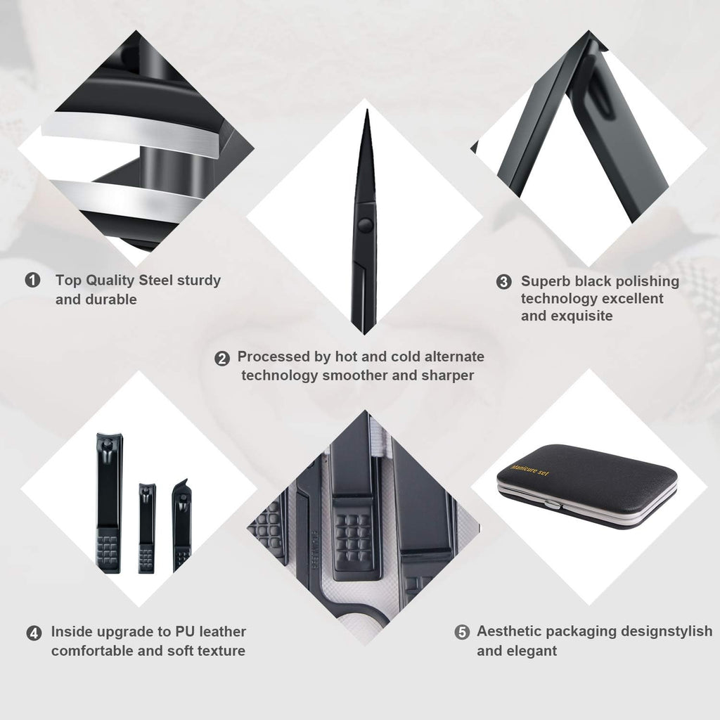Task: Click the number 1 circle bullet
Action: tap(32, 281)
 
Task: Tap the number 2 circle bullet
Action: tap(222, 358)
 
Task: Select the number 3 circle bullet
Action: tap(503, 282)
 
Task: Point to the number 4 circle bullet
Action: tap(33, 633)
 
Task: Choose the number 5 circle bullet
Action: tap(461, 632)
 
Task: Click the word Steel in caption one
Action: tap(160, 280)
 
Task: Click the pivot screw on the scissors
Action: tap(364, 225)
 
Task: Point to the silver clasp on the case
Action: tap(553, 505)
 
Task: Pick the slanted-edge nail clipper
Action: tap(181, 524)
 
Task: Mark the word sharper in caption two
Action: tap(447, 375)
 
